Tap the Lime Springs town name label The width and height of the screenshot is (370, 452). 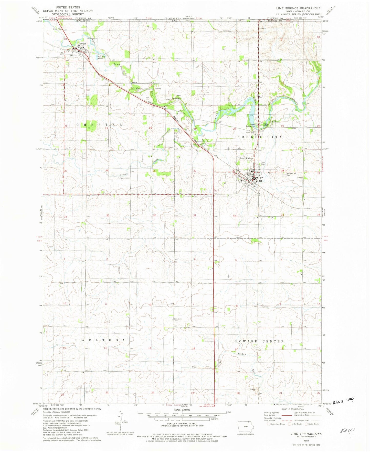pos(246,158)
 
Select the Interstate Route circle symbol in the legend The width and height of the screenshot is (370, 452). pos(269,424)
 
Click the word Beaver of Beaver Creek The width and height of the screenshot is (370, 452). pos(123,175)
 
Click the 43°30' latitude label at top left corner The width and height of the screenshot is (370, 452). pos(39,21)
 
